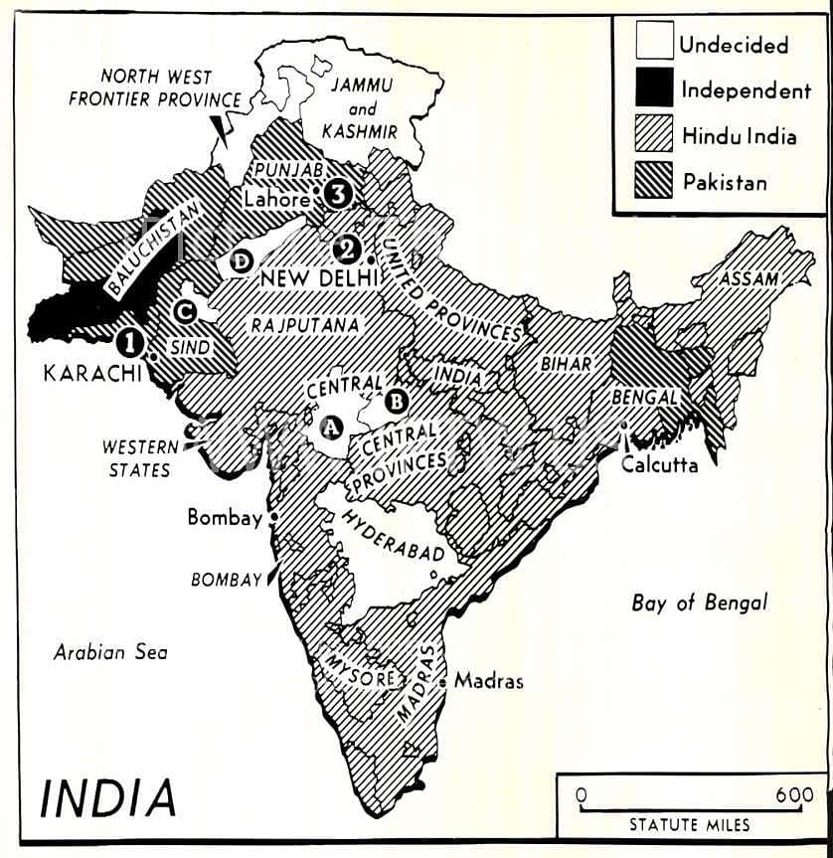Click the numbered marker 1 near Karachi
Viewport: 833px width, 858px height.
click(x=129, y=343)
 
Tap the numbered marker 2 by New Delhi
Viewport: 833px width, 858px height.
click(x=347, y=248)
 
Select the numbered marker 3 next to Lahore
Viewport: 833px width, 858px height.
click(x=338, y=194)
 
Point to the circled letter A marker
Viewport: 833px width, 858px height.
click(x=332, y=427)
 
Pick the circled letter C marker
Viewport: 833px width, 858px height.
click(x=183, y=311)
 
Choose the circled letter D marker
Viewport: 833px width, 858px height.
click(x=240, y=261)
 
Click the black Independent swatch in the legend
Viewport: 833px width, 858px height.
click(x=645, y=89)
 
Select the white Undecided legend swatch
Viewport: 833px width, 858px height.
click(x=645, y=43)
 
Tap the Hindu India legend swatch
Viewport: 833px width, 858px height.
click(x=645, y=135)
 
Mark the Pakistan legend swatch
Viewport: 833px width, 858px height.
click(x=645, y=181)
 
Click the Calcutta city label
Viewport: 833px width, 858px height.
click(x=660, y=464)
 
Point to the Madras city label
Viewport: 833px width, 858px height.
click(x=488, y=681)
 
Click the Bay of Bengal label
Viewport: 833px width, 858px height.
click(x=699, y=602)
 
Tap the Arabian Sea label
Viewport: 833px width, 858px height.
click(x=110, y=652)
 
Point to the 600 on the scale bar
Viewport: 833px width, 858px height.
click(x=794, y=795)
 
